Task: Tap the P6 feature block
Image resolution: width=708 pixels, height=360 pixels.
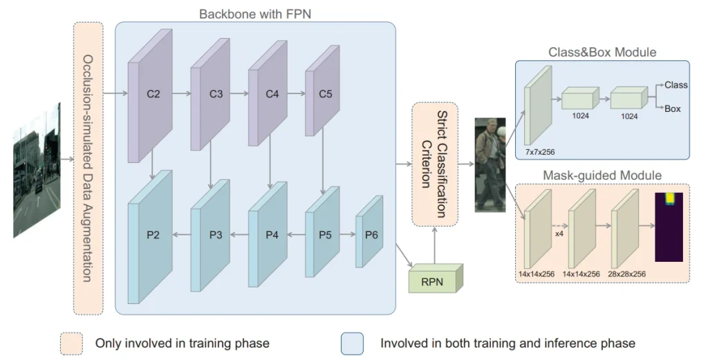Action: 369,235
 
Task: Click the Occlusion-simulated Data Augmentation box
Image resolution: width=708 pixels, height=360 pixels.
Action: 88,168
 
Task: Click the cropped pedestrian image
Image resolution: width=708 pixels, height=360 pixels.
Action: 490,164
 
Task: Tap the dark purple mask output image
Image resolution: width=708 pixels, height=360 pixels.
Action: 669,227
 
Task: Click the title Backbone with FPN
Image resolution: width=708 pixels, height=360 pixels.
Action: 254,14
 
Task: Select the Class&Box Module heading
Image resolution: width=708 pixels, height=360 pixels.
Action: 602,52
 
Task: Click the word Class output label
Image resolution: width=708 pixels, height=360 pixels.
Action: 676,85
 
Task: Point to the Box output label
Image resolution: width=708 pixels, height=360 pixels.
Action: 673,108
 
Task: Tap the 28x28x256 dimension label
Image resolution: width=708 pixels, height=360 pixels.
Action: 627,274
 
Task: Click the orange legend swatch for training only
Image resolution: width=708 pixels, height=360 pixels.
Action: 71,343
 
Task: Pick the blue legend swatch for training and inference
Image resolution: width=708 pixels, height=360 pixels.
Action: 353,343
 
